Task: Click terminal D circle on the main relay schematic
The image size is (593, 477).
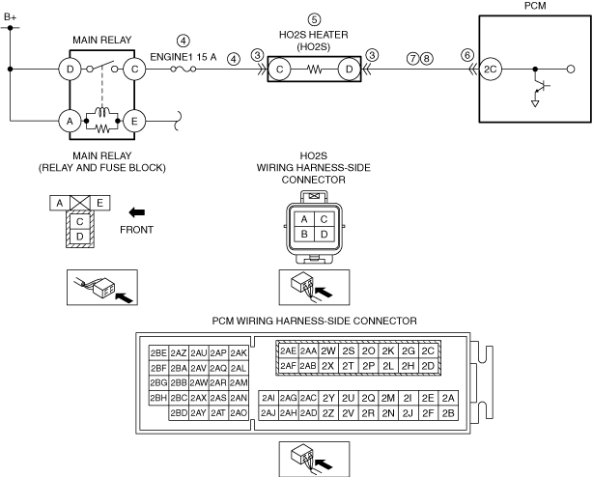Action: pos(70,70)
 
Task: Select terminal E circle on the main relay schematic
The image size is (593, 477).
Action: pos(134,122)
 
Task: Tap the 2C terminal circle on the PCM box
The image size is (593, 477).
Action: pos(490,70)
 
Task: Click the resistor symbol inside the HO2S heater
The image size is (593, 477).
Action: pos(314,70)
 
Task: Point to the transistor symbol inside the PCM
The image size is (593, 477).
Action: pos(540,86)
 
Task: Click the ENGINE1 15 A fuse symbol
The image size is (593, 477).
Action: pos(184,69)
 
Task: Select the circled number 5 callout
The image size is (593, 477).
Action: pos(314,19)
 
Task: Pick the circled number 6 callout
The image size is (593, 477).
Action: pos(467,55)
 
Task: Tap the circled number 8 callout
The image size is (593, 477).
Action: pos(427,58)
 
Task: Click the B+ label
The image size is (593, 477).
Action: pos(11,17)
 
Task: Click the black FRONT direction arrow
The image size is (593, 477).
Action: pos(136,212)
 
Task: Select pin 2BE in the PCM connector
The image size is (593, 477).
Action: pos(158,353)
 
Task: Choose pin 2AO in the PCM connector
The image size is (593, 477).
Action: pos(239,412)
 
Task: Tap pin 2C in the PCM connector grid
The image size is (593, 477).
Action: pos(428,351)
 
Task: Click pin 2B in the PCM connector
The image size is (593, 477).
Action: pos(448,412)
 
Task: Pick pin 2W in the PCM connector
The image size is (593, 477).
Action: pos(328,351)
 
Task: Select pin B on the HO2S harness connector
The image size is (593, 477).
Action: pos(304,235)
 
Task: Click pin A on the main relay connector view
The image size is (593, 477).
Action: pos(60,203)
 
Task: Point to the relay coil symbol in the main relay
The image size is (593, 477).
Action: pos(102,112)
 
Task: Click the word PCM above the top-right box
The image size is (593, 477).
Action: pos(535,6)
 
